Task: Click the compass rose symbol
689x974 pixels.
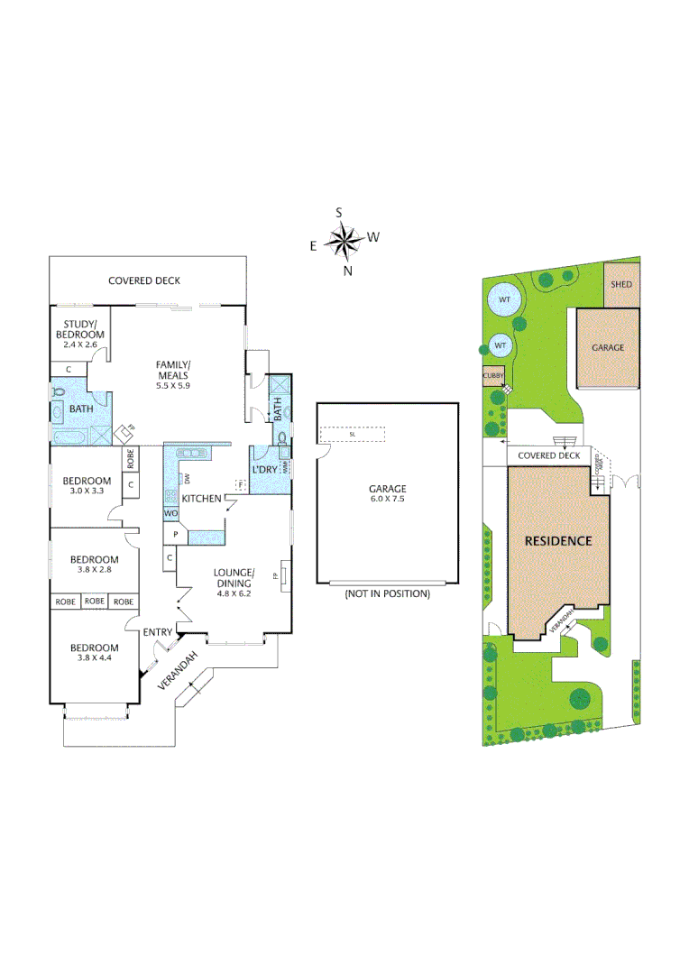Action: [344, 240]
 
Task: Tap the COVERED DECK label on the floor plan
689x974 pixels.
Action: [144, 280]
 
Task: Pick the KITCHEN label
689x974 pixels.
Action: [203, 499]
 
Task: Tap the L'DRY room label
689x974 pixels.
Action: [264, 470]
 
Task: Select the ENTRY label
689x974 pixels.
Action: [157, 632]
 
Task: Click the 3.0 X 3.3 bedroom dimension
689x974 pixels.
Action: [87, 492]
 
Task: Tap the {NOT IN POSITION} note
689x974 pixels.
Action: [388, 594]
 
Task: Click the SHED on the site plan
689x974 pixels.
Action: [621, 284]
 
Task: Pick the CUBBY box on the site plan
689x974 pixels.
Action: [493, 375]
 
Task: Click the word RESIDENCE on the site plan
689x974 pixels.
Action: [559, 541]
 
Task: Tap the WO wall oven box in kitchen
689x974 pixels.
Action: [170, 513]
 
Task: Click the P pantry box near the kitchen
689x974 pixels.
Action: [175, 535]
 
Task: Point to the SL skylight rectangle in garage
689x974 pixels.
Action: [353, 435]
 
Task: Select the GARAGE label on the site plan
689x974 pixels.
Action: [608, 347]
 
